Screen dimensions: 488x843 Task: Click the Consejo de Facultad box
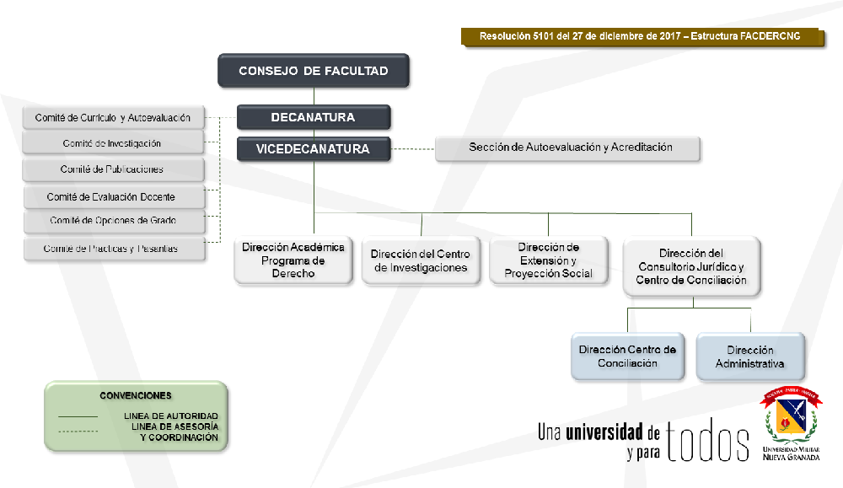pyautogui.click(x=314, y=71)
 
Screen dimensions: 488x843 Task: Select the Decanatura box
pyautogui.click(x=314, y=117)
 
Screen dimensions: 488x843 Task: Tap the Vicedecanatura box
pyautogui.click(x=314, y=149)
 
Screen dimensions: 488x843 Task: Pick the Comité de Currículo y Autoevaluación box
pyautogui.click(x=114, y=118)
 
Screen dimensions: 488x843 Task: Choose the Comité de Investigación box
pyautogui.click(x=114, y=144)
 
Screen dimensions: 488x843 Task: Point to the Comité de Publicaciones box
pyautogui.click(x=114, y=170)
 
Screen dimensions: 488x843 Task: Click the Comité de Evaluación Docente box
pyautogui.click(x=114, y=197)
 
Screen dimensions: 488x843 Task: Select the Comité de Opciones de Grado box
pyautogui.click(x=114, y=222)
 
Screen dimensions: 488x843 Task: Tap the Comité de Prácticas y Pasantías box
pyautogui.click(x=114, y=249)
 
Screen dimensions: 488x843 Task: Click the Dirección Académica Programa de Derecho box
pyautogui.click(x=293, y=260)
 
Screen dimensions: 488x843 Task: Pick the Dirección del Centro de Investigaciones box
pyautogui.click(x=421, y=261)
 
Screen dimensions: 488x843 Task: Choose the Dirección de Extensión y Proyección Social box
pyautogui.click(x=548, y=260)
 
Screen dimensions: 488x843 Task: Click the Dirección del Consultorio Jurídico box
pyautogui.click(x=691, y=266)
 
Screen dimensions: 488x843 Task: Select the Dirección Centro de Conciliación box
pyautogui.click(x=627, y=357)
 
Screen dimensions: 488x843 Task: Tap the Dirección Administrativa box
pyautogui.click(x=750, y=357)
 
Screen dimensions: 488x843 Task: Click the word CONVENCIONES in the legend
pyautogui.click(x=136, y=395)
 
